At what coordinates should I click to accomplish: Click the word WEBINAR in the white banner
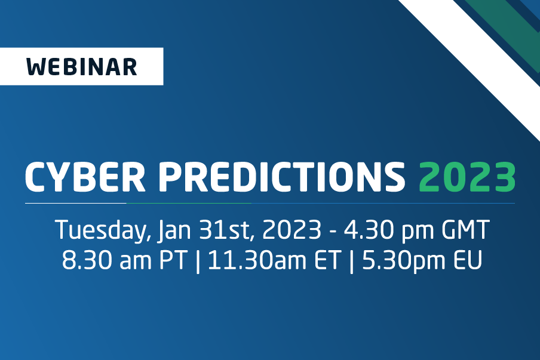click(82, 67)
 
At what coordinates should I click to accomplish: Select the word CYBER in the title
click(85, 177)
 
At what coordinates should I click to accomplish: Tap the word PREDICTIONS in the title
click(282, 177)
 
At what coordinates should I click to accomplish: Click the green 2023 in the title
click(467, 177)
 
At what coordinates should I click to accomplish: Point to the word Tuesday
click(102, 230)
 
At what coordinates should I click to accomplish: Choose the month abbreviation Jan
click(174, 230)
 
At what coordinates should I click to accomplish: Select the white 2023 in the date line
click(292, 229)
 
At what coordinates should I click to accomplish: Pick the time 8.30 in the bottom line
click(87, 260)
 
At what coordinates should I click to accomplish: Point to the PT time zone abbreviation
click(173, 260)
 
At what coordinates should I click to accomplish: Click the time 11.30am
click(257, 260)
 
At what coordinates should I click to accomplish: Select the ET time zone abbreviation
click(327, 260)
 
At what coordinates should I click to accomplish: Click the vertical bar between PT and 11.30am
click(198, 261)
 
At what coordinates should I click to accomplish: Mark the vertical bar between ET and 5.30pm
click(351, 261)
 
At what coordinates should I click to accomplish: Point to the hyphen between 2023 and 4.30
click(333, 231)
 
